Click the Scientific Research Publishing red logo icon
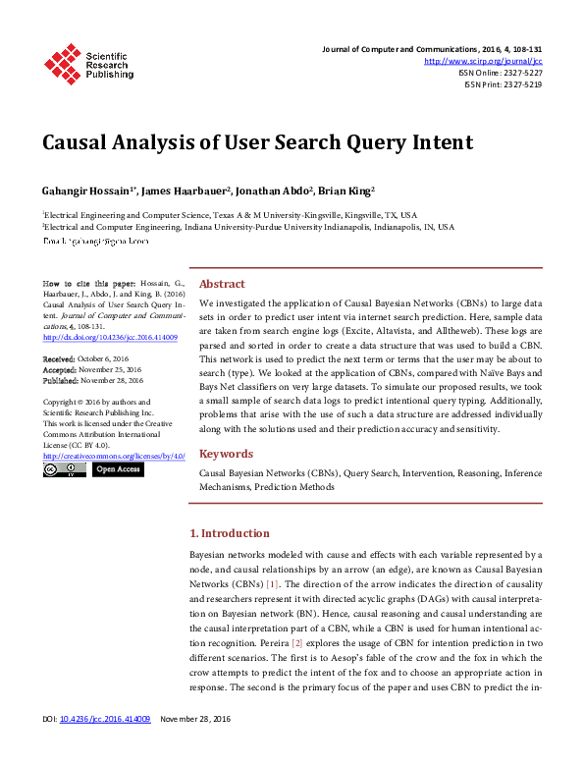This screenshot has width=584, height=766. click(x=62, y=62)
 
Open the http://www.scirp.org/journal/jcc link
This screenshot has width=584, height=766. click(x=482, y=61)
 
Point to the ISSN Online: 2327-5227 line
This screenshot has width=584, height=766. click(x=500, y=73)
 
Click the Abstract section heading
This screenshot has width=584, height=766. click(x=222, y=283)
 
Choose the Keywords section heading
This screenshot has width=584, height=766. click(x=227, y=454)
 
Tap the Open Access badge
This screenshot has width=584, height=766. click(x=118, y=469)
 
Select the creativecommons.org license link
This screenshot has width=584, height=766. click(x=114, y=457)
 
